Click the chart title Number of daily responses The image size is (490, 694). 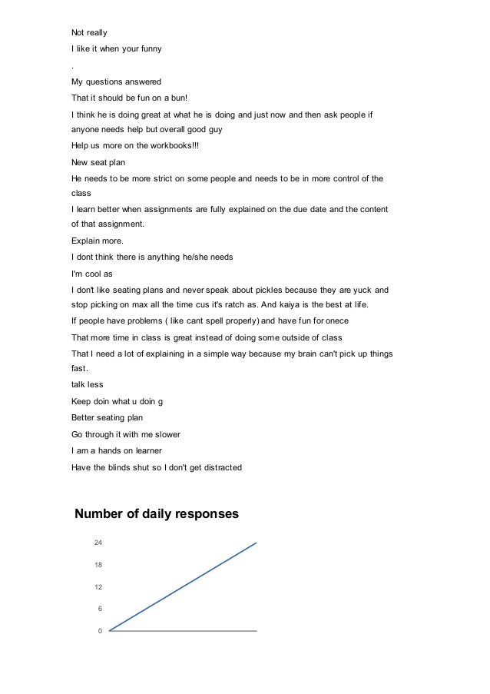coord(156,513)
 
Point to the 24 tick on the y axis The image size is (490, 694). coord(98,543)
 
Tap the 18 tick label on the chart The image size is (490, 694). coord(98,565)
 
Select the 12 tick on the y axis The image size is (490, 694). coord(98,587)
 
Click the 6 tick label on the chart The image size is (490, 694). coord(100,609)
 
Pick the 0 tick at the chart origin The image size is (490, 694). coord(100,631)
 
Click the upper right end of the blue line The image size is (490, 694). coord(256,543)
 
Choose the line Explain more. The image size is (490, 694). coord(96,241)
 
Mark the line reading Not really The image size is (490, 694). coord(89,33)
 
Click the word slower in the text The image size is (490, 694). coord(164,433)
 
